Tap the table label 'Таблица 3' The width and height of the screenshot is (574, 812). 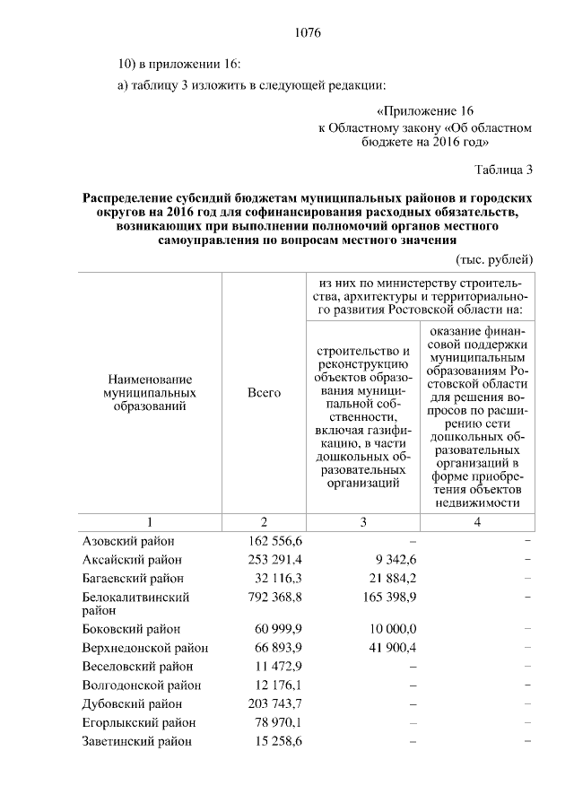(x=503, y=169)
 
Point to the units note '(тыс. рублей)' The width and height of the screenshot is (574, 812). (x=496, y=258)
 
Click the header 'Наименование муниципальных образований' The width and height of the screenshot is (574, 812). (x=150, y=393)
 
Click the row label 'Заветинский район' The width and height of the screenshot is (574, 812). (x=136, y=742)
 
